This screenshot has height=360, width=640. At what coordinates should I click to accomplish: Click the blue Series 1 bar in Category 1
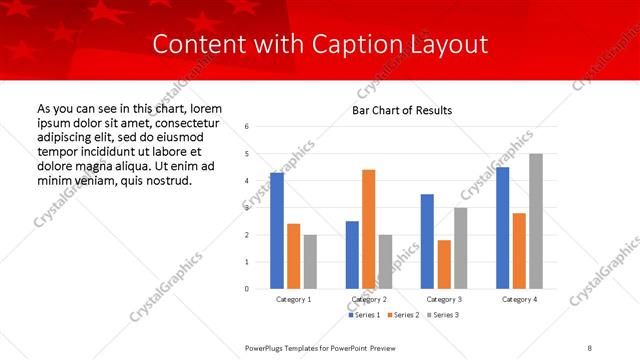coord(277,231)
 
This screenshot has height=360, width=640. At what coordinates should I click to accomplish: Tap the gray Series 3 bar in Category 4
coord(536,221)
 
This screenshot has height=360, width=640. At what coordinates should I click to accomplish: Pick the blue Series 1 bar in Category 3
coord(427,241)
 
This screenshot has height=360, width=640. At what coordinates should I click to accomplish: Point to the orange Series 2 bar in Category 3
coord(444,264)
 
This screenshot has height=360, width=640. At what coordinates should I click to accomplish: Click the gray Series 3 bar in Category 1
coord(311,262)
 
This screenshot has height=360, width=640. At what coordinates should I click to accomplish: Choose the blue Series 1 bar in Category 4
coord(502,228)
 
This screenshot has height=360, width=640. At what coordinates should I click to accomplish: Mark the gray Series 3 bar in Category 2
coord(386,262)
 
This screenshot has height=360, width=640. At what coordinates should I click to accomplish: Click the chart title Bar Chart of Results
coord(401,110)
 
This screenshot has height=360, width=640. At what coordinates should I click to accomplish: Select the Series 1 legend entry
coord(363,315)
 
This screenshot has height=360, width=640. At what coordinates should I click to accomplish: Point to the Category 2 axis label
coord(369,299)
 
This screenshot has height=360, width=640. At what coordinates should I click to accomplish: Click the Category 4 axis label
coord(519,299)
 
